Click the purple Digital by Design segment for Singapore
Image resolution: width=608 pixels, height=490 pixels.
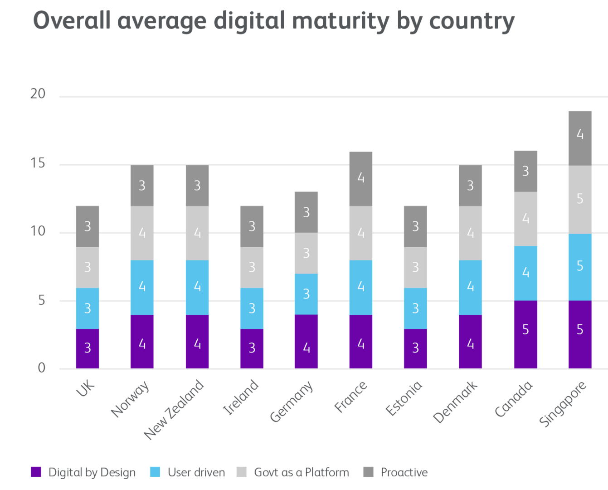coord(580,334)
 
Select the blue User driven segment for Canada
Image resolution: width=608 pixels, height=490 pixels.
coord(525,273)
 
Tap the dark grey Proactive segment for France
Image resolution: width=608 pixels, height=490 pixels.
coord(360,179)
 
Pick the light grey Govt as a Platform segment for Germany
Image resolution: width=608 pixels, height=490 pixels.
coord(306,253)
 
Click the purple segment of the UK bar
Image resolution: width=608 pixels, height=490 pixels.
coord(88,348)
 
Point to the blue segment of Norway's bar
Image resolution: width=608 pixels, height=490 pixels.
coord(142,287)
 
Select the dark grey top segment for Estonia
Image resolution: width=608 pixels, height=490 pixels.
coord(415,226)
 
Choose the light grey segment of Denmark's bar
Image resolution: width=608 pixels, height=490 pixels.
coord(470,233)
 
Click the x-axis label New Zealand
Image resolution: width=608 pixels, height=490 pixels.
coord(175,410)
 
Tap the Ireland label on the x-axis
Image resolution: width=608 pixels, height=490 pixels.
coord(241,397)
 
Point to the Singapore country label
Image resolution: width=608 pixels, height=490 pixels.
coord(563,404)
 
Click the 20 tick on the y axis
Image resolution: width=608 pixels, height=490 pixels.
coord(38,94)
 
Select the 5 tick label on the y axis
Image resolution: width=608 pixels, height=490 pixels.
coord(42,300)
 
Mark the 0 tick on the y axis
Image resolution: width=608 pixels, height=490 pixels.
coord(42,368)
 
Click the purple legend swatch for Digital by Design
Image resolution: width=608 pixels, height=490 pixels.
coord(36,472)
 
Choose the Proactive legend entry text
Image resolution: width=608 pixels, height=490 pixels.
coord(404,472)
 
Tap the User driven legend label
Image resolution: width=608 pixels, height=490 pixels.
coord(196,472)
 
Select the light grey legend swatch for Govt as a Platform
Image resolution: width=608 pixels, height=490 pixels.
coord(242,472)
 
